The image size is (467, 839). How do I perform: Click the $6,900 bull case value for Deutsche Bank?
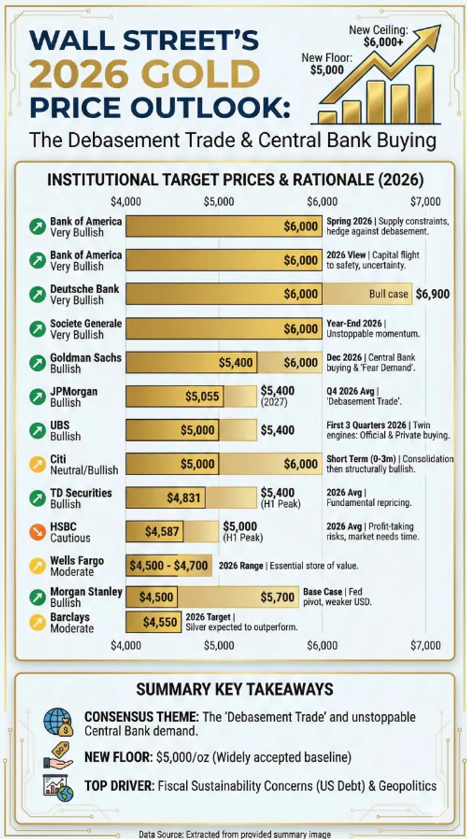[432, 294]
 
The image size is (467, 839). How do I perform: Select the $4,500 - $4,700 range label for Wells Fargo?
[169, 566]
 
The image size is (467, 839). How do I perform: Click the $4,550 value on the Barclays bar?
[160, 623]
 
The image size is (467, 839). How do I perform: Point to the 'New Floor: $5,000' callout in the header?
[327, 64]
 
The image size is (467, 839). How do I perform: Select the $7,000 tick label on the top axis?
[426, 202]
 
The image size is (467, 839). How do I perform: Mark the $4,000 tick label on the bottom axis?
[125, 645]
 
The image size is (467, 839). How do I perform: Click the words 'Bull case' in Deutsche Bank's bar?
[388, 294]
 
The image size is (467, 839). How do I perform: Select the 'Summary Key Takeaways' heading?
[234, 689]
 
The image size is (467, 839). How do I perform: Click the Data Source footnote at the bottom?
[235, 833]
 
